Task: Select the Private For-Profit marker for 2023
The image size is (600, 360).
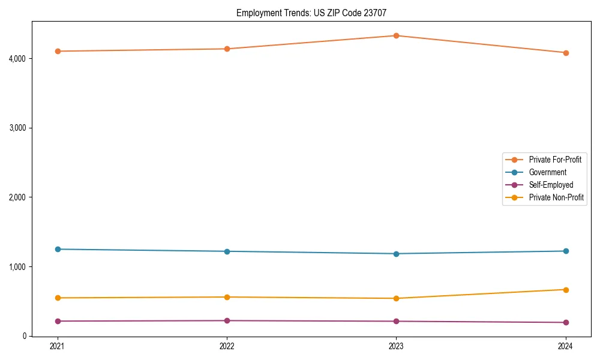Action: click(396, 35)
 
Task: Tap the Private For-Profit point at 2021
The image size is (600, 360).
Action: click(58, 51)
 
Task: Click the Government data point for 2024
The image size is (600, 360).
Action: click(565, 251)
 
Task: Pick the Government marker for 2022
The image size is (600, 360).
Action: click(227, 251)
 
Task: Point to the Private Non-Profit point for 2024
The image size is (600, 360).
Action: click(565, 290)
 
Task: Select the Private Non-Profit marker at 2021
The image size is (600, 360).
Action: click(58, 298)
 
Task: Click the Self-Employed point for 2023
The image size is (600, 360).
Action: click(396, 321)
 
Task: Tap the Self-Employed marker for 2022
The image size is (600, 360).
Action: click(227, 320)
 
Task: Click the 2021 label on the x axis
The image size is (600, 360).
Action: click(58, 346)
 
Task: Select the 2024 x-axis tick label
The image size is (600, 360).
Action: click(565, 346)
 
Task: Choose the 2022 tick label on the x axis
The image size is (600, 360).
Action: click(227, 346)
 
